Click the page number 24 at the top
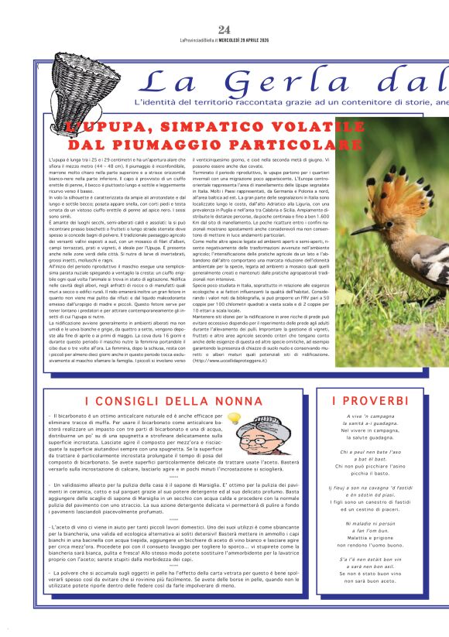pyautogui.click(x=224, y=29)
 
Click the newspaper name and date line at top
pyautogui.click(x=224, y=40)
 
